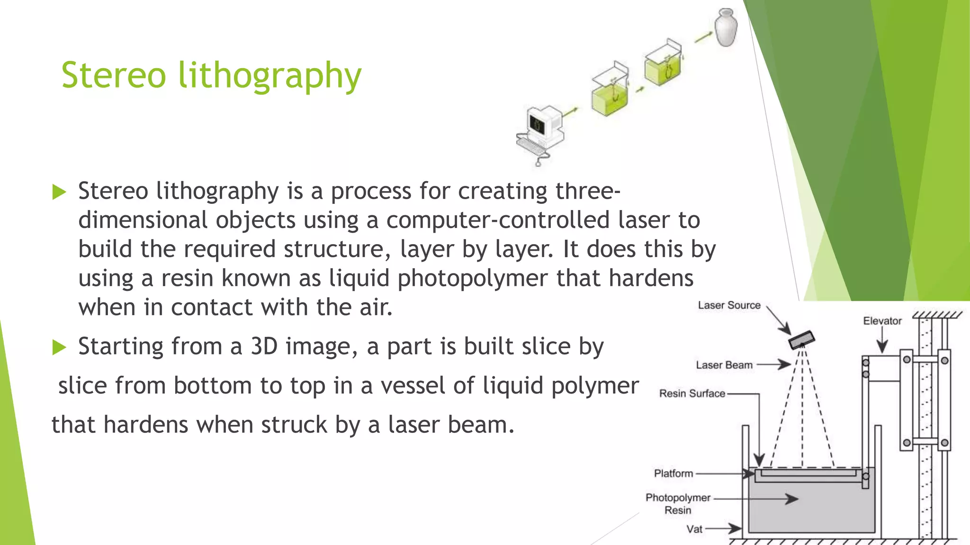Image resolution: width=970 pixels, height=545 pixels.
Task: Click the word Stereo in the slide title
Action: coord(114,76)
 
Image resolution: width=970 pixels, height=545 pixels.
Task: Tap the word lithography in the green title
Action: coord(269,77)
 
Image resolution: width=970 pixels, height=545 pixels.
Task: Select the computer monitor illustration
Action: coord(544,123)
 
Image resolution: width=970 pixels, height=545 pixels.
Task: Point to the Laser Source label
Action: coord(729,306)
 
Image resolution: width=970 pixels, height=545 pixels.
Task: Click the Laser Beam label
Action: coord(724,365)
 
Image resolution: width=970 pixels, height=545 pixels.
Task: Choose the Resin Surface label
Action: coord(692,394)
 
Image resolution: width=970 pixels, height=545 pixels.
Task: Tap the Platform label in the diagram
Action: coord(673,474)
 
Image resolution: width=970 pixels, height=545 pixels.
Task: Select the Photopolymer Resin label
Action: coord(678,504)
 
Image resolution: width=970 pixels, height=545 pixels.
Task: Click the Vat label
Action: coord(694,529)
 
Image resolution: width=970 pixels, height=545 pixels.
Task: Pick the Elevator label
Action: coord(882,321)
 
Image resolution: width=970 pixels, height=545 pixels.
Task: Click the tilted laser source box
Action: coord(801,339)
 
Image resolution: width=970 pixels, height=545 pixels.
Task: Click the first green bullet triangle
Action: coord(59,192)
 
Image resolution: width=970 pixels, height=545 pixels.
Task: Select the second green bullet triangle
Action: coord(59,347)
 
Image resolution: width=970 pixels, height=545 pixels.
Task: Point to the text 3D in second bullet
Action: coord(264,346)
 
